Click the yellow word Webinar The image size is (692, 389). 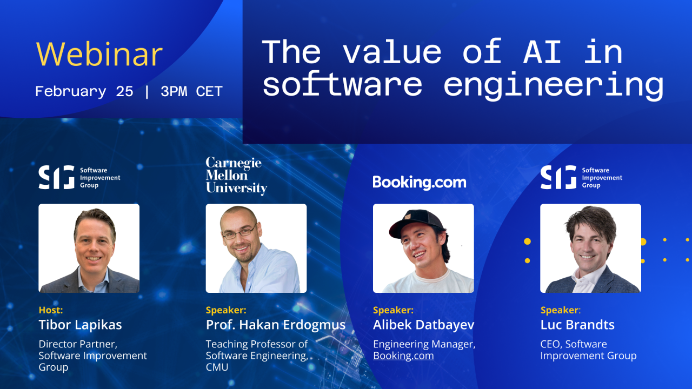99,54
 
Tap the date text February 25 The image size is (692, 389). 84,91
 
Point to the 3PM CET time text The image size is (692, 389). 191,91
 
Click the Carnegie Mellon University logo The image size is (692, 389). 236,176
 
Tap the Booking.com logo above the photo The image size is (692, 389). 419,182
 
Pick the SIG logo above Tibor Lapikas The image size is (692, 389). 79,177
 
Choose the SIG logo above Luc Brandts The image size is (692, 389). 581,177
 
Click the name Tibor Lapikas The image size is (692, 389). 80,325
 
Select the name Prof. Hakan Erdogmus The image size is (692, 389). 275,325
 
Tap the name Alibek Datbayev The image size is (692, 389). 424,325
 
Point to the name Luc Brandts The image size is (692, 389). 577,325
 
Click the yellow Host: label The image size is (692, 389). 51,310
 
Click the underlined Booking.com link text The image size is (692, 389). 403,356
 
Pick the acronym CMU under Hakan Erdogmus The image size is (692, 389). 217,367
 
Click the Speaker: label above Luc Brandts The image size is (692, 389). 561,310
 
